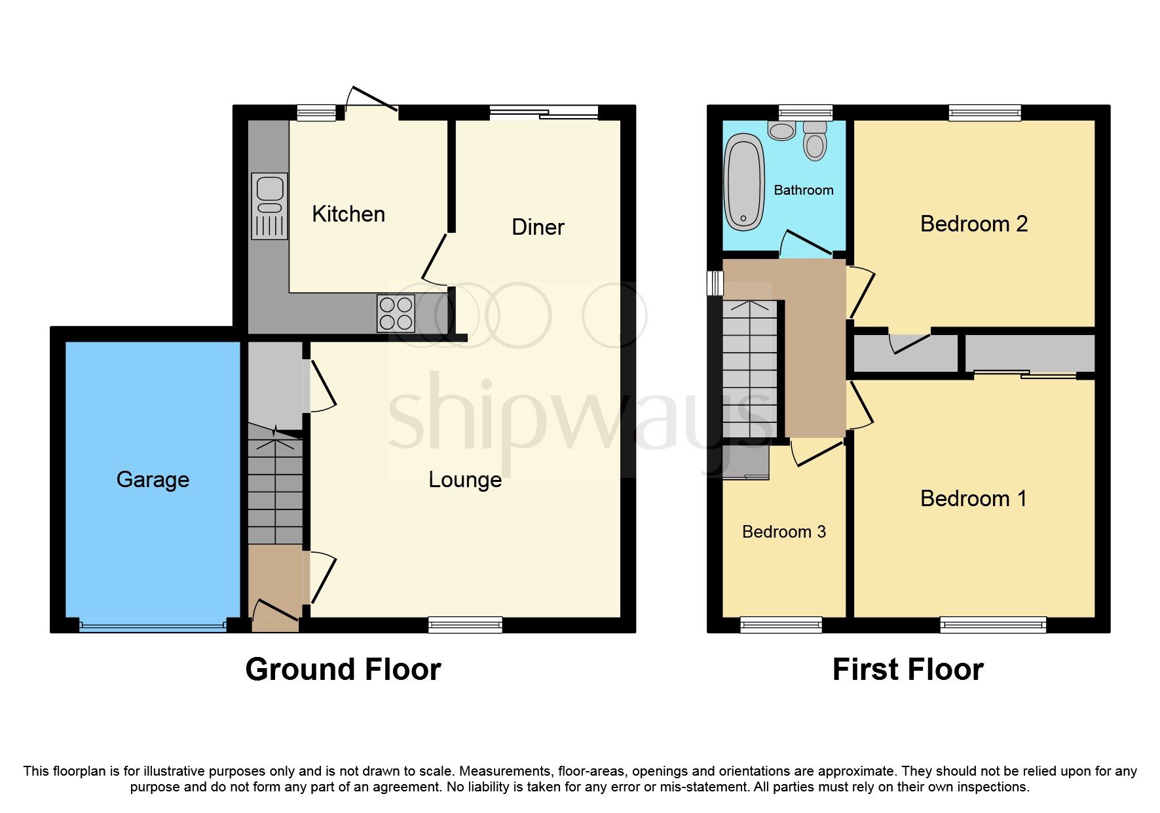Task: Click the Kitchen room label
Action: click(348, 214)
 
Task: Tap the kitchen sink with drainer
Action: click(269, 206)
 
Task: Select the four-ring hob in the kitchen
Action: click(396, 313)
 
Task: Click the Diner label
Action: click(538, 228)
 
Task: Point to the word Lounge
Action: click(465, 480)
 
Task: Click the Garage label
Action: click(153, 480)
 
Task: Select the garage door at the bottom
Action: click(153, 626)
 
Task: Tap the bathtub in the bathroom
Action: click(744, 182)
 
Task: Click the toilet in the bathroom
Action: click(815, 141)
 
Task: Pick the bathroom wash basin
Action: click(781, 130)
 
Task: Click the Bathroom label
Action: click(804, 190)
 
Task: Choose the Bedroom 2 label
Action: click(973, 224)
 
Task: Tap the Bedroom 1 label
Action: click(973, 499)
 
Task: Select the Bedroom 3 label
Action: click(783, 532)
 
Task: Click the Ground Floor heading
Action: click(343, 669)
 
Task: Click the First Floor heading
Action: click(908, 669)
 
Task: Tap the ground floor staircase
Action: click(275, 488)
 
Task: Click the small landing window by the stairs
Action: click(715, 283)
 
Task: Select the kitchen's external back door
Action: click(371, 105)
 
